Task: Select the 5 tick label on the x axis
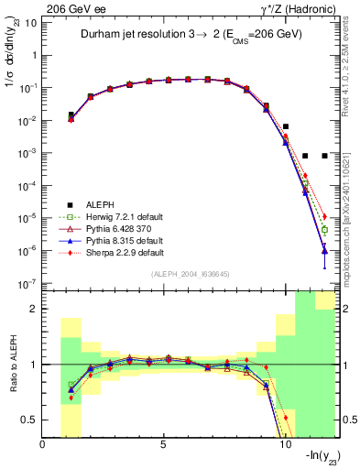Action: (x=164, y=444)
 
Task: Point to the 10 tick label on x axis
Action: (x=285, y=444)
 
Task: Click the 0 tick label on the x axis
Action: (x=43, y=444)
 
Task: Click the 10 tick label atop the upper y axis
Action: (x=31, y=22)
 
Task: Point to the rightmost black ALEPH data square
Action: (x=324, y=156)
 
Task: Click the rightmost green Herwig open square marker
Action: (x=324, y=230)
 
